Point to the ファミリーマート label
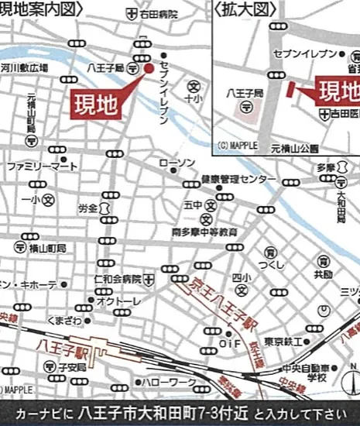43,167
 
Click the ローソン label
177,163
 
